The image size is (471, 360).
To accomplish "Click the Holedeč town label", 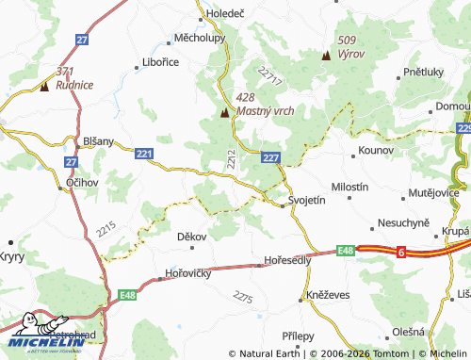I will tap(225, 14).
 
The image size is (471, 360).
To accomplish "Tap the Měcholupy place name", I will tap(199, 40).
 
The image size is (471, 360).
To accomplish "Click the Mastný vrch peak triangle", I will tap(225, 113).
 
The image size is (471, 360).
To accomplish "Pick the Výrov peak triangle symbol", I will tap(326, 55).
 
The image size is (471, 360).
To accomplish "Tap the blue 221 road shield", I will tap(143, 153).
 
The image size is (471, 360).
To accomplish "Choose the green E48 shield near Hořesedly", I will tap(345, 251).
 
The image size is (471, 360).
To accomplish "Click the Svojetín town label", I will tap(306, 201).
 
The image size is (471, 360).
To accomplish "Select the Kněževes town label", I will tap(329, 295).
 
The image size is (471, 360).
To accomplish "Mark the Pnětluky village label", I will tap(423, 71).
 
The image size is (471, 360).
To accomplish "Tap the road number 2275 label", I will tap(243, 298).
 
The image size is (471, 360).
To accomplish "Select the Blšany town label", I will tap(98, 141).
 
